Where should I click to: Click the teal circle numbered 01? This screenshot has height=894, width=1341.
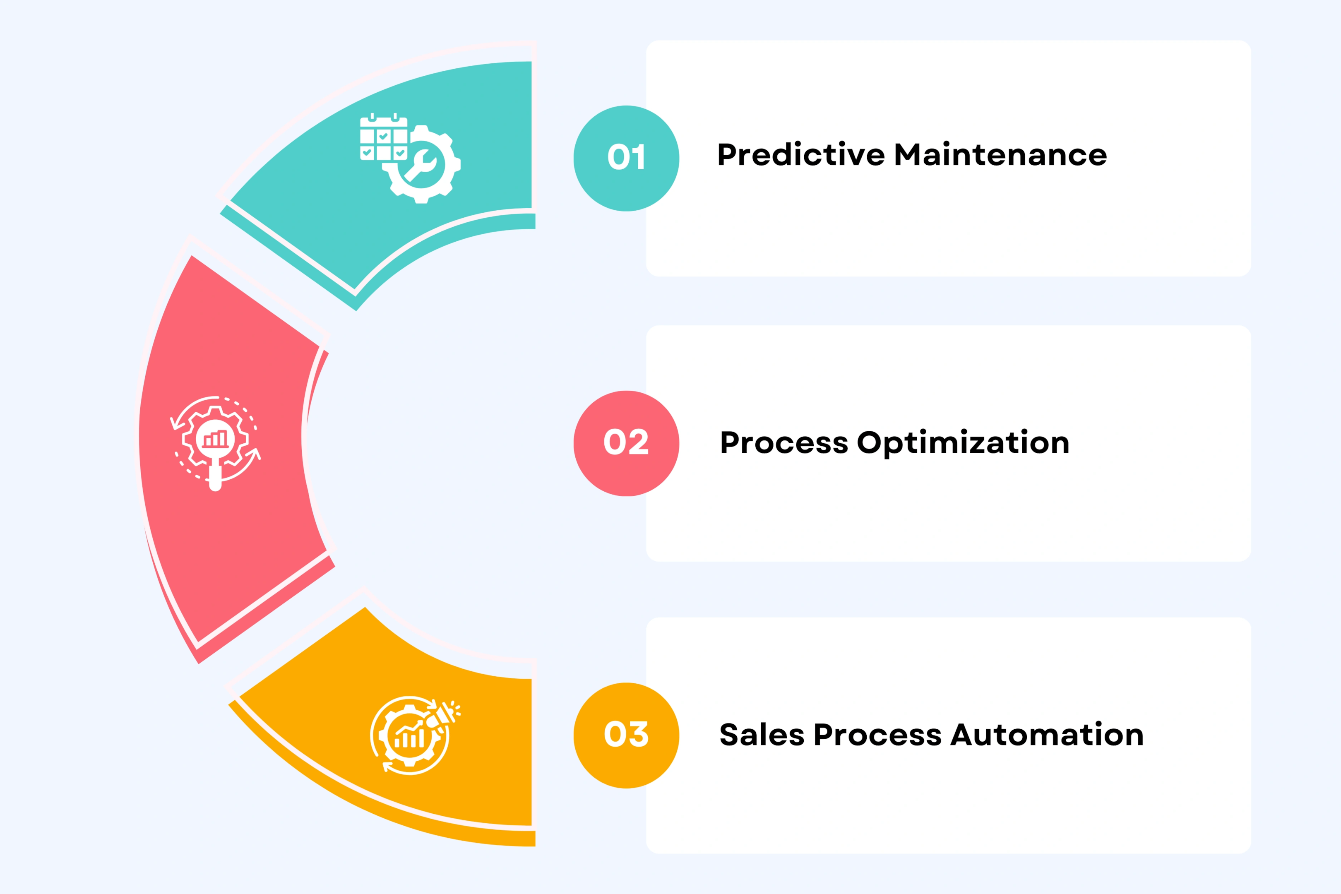[626, 158]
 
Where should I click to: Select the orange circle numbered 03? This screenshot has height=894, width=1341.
[626, 735]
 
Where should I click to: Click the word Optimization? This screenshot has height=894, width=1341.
[963, 442]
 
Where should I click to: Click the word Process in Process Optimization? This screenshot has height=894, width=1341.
[784, 442]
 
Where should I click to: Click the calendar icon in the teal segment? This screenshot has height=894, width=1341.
[383, 137]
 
